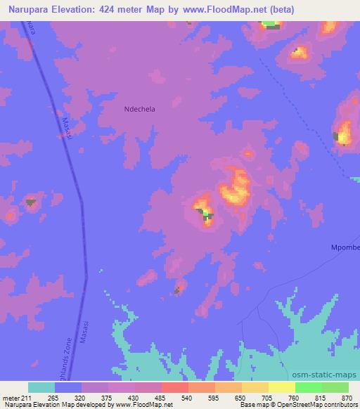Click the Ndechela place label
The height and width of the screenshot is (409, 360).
click(x=139, y=110)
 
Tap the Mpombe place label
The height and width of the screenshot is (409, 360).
click(x=345, y=247)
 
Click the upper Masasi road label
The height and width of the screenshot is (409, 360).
click(x=67, y=127)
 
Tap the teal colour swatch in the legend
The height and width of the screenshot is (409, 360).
click(x=41, y=388)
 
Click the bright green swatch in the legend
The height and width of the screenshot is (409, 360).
click(x=308, y=388)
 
